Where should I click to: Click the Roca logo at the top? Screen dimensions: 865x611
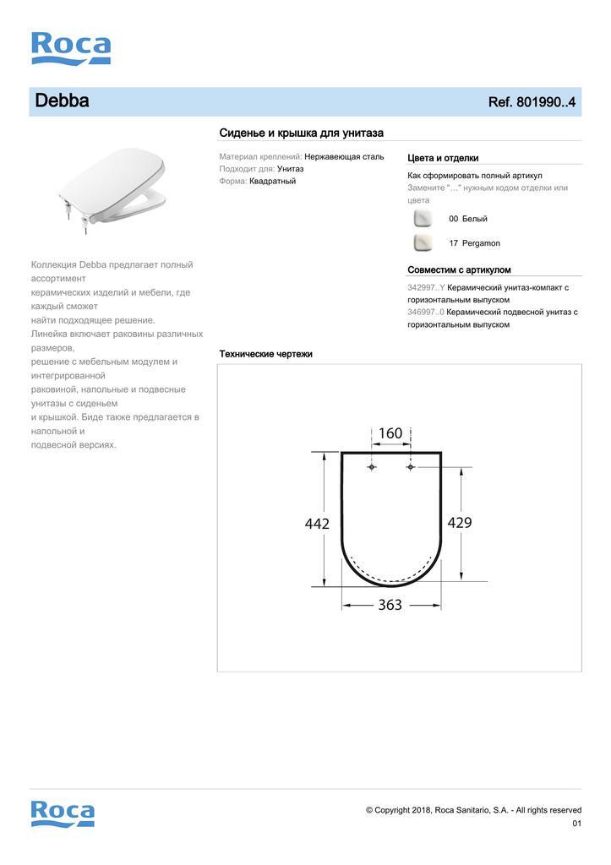71,48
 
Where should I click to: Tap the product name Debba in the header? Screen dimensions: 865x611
62,101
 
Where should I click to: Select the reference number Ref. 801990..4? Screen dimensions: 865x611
532,102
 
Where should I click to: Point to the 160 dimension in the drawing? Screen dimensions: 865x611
390,433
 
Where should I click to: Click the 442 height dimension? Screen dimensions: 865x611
317,524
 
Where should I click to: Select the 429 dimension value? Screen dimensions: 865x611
459,522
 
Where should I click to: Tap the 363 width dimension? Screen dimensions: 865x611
390,605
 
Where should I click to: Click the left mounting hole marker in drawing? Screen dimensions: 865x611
373,466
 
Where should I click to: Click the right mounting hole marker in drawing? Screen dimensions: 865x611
411,466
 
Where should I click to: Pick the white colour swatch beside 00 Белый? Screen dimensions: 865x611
422,219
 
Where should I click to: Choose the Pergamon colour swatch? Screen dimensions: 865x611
422,243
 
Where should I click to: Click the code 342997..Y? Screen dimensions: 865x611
426,287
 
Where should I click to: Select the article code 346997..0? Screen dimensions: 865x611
426,312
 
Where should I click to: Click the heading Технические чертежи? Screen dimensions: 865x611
265,354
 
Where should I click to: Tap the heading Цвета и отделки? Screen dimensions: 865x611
443,158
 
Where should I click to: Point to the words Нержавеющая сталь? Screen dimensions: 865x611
344,156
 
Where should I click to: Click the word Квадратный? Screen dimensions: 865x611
272,181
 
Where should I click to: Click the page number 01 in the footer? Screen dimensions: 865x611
577,823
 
